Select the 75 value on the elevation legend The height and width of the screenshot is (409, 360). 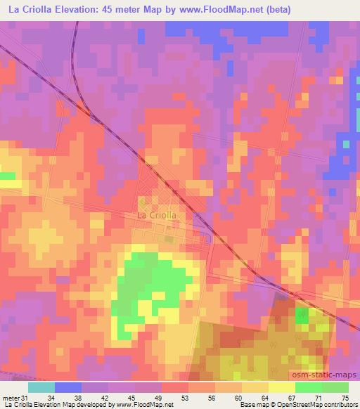pos(344,398)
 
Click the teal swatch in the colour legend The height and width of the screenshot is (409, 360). pos(41,387)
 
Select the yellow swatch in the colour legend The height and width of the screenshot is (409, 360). pos(282,387)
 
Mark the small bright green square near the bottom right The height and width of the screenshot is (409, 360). pos(302,315)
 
